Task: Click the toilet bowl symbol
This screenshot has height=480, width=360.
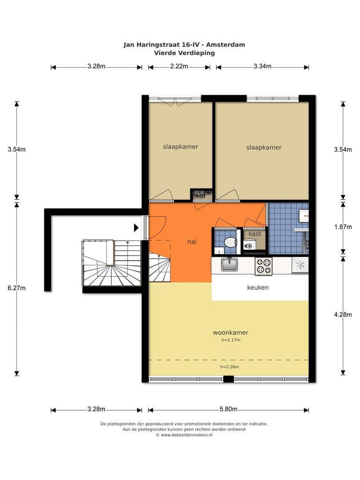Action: pyautogui.click(x=230, y=242)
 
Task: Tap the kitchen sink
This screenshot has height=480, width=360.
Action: pyautogui.click(x=229, y=264)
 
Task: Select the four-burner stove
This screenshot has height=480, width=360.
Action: pyautogui.click(x=264, y=266)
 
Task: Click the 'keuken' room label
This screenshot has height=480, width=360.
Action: pyautogui.click(x=258, y=288)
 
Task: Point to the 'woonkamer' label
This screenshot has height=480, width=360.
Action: pyautogui.click(x=231, y=332)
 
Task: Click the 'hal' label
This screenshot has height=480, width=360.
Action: pyautogui.click(x=192, y=242)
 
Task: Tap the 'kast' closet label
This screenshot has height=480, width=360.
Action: pyautogui.click(x=255, y=234)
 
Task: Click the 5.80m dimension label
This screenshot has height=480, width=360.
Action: pyautogui.click(x=228, y=409)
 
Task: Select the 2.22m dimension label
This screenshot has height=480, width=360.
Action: pyautogui.click(x=179, y=66)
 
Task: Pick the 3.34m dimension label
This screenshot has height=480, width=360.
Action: pyautogui.click(x=262, y=66)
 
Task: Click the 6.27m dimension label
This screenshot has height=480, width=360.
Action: pyautogui.click(x=16, y=288)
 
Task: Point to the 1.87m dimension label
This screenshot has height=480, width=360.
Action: pyautogui.click(x=343, y=227)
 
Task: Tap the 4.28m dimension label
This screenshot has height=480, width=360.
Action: pyautogui.click(x=343, y=314)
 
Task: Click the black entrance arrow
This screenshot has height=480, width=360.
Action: pyautogui.click(x=136, y=228)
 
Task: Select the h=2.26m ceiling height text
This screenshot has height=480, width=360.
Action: pyautogui.click(x=230, y=367)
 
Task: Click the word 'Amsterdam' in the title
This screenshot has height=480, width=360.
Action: pyautogui.click(x=226, y=45)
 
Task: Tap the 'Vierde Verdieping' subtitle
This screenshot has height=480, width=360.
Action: pyautogui.click(x=184, y=53)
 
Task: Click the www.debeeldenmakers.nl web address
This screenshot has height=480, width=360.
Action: pyautogui.click(x=186, y=435)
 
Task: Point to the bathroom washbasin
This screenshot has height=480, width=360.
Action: pyautogui.click(x=304, y=216)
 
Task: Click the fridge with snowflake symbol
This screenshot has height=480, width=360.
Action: pyautogui.click(x=300, y=265)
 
